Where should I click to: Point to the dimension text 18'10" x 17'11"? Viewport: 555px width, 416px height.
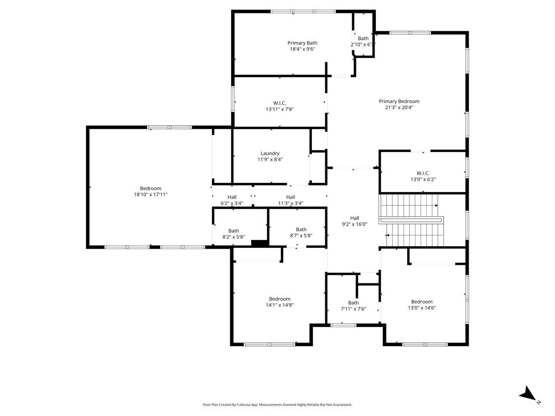[x=150, y=195]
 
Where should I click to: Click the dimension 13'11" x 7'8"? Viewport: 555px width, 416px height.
[x=279, y=109]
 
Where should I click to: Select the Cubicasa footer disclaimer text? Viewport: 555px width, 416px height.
[x=277, y=405]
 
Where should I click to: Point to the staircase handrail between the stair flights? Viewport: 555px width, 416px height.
[x=411, y=220]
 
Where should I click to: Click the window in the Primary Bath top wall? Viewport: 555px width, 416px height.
[x=303, y=11]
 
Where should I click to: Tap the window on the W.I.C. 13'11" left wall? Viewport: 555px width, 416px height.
[x=232, y=99]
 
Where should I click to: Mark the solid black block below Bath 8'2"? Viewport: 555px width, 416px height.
[x=259, y=243]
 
